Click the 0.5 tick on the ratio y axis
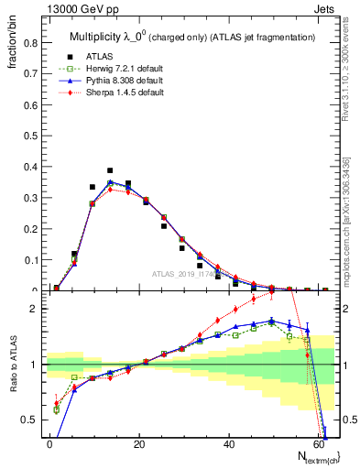tap(30, 420)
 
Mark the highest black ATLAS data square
tap(110, 170)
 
